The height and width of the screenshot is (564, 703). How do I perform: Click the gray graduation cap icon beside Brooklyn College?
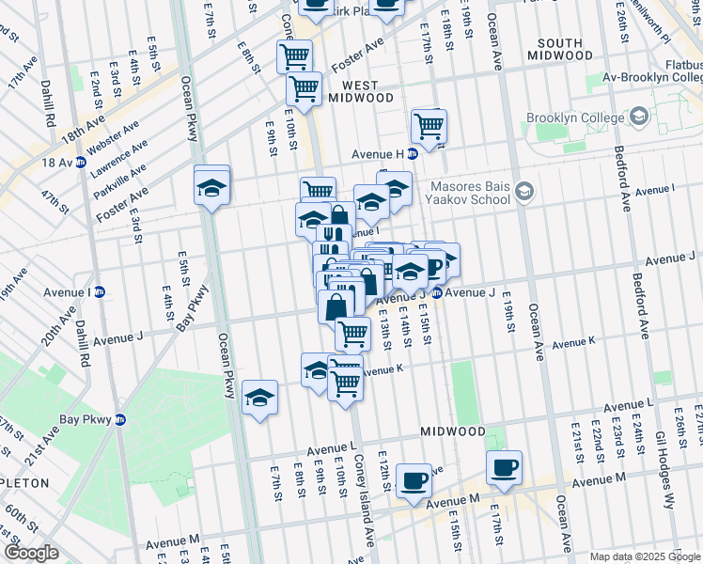[640, 117]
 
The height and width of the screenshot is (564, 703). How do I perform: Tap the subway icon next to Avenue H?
[412, 153]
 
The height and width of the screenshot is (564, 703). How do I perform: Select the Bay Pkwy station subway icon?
[120, 420]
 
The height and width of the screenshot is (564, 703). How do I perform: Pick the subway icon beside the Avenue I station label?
[100, 291]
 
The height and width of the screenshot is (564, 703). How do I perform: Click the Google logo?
[31, 553]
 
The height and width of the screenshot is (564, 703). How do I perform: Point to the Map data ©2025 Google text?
[645, 556]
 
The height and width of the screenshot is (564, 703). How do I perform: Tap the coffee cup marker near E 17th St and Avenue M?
[504, 467]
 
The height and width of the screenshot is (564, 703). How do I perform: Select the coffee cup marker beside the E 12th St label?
[413, 481]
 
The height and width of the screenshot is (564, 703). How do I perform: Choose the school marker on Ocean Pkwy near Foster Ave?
[212, 186]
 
